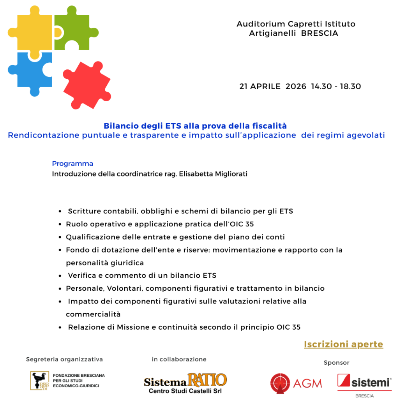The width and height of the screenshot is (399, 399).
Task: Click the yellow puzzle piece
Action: (x=30, y=33)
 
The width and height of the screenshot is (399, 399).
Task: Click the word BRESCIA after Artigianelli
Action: (x=320, y=34)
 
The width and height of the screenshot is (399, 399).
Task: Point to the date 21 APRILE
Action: (x=260, y=87)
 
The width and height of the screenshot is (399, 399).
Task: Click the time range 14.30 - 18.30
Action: (x=336, y=87)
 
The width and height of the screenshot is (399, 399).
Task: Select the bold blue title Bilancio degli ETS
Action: (x=195, y=126)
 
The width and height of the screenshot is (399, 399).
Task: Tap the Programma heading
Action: (x=72, y=164)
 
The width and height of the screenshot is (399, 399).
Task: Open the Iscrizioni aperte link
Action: (x=343, y=344)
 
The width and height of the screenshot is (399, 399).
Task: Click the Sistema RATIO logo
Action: (x=185, y=380)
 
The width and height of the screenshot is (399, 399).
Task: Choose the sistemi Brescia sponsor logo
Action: (x=364, y=382)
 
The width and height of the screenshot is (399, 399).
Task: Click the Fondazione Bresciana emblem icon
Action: (x=40, y=380)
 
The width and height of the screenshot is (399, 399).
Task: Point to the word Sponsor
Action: (x=336, y=363)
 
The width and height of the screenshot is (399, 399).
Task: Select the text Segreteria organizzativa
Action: (x=64, y=359)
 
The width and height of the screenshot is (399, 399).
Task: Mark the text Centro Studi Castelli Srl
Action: (x=185, y=391)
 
